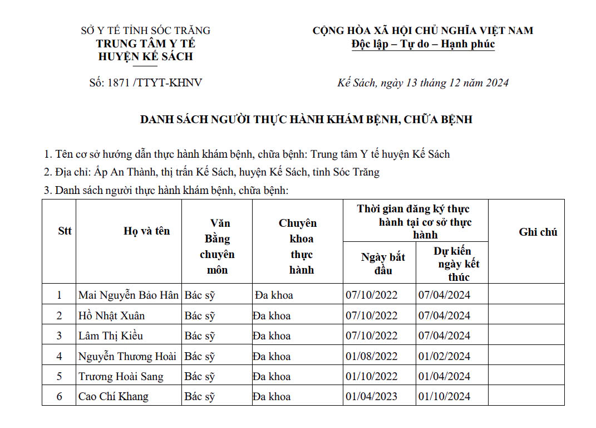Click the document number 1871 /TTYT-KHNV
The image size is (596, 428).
coord(145,83)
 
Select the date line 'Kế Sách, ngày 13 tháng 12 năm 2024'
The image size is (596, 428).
coord(423,83)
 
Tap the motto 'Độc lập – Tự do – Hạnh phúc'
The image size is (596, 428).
coord(423,44)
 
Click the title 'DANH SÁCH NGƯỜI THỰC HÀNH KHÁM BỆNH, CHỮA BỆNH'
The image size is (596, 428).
coord(306,119)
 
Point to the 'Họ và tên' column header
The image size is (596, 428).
coord(146,231)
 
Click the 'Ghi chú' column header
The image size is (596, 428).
coord(538,232)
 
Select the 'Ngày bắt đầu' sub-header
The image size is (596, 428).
coord(383,264)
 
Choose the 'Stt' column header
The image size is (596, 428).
coord(65,231)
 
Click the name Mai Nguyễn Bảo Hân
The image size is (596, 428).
coord(129,295)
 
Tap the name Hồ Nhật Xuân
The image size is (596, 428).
coord(111,316)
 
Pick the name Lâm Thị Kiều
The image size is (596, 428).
coord(111,336)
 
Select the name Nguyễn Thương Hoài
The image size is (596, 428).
coord(127,357)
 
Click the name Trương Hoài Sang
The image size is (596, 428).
coord(121,377)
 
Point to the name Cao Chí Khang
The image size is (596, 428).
coord(114,397)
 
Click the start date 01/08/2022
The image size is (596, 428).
coord(372,357)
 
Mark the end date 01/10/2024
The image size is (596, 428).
coord(444,397)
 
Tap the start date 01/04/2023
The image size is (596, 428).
coord(372,397)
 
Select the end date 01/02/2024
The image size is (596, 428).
coord(444,357)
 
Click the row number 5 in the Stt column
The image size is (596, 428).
coord(60,377)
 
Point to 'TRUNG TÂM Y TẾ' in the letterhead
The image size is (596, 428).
coord(145,43)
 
